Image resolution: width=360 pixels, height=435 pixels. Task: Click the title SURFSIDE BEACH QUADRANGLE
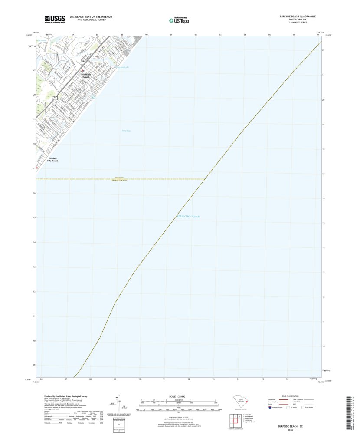[297, 16]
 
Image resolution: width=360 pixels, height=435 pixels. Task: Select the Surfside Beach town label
[86, 75]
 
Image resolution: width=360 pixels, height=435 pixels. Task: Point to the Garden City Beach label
[53, 160]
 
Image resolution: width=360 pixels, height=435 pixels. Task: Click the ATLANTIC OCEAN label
[188, 216]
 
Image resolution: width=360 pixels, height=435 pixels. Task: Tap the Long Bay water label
[126, 130]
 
